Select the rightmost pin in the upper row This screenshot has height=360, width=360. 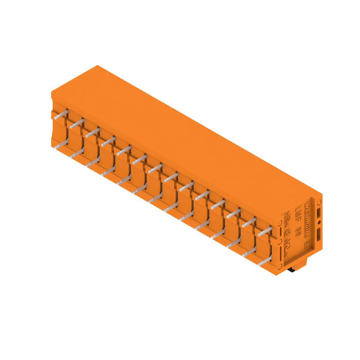point(265,231)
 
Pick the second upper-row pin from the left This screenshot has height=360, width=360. point(77,123)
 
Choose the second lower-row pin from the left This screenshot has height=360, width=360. point(77,154)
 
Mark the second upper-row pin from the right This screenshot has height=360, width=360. point(249,222)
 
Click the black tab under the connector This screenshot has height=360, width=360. point(292,270)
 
